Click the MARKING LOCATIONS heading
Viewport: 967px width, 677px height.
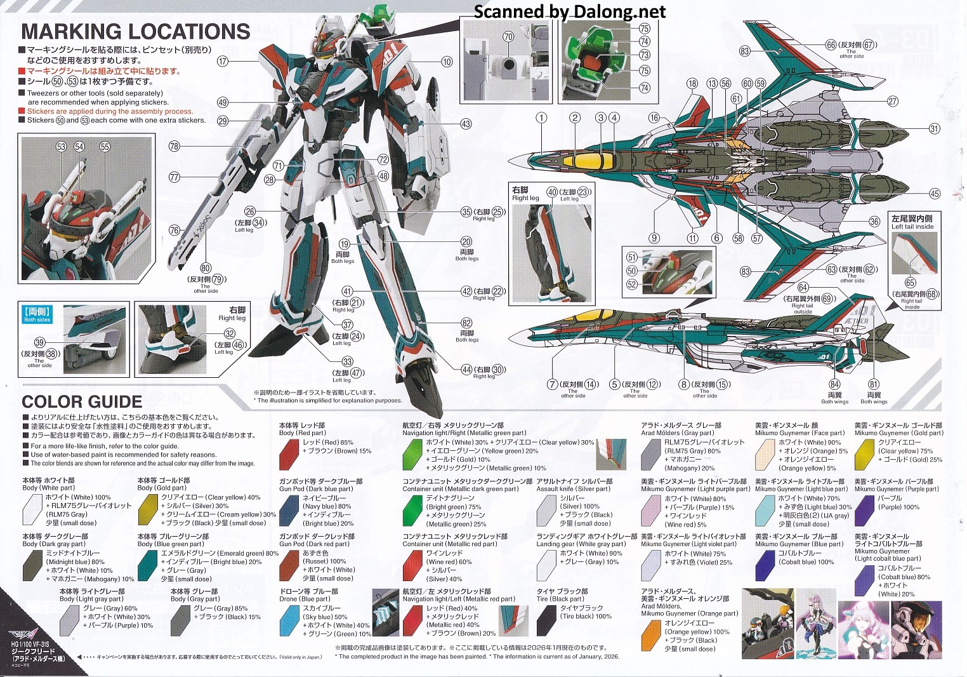[135, 32]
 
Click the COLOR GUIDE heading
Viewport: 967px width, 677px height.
[82, 402]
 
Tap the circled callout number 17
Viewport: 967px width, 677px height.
[222, 62]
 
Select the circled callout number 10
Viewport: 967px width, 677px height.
[447, 62]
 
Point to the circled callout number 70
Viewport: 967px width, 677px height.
[508, 37]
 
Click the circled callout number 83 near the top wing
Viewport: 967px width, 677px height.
[744, 51]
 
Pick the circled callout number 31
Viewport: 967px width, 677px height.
[934, 129]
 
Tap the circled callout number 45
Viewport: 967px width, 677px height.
[934, 194]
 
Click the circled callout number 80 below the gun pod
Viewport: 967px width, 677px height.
[205, 268]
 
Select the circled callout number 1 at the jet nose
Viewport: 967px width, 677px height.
[541, 117]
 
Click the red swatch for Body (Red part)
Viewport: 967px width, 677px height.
[289, 452]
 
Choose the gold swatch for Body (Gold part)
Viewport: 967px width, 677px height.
[148, 509]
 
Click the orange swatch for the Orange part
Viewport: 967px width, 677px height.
[651, 634]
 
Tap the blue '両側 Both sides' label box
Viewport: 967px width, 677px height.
[37, 315]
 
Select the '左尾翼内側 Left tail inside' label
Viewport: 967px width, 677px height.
[912, 222]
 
